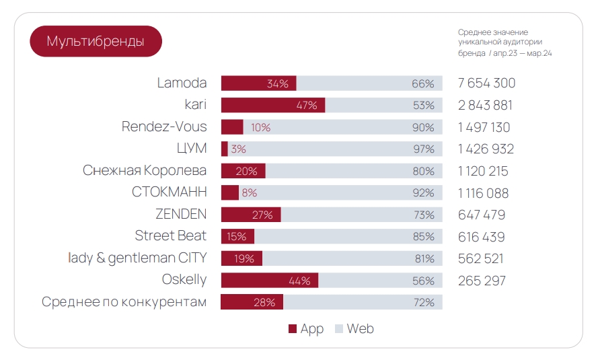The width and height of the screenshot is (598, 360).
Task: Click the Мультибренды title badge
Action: click(x=96, y=41)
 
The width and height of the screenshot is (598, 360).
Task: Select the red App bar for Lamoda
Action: click(x=258, y=83)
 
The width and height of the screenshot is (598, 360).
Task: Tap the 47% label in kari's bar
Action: click(x=307, y=106)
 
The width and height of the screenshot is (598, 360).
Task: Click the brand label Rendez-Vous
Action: click(x=164, y=127)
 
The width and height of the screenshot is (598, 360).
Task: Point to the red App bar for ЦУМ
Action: click(x=225, y=149)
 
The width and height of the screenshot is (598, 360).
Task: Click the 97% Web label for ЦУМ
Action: click(x=423, y=149)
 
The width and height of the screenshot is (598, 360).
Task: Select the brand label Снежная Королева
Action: click(x=145, y=170)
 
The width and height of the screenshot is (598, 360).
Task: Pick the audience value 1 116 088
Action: click(x=483, y=193)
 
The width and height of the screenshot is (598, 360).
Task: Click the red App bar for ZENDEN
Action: click(x=250, y=215)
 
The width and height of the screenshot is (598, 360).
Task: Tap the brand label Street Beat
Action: click(x=171, y=236)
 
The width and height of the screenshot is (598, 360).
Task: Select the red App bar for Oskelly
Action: click(x=269, y=281)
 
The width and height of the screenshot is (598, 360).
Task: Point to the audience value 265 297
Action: click(x=482, y=281)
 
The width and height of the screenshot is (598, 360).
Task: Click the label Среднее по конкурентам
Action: click(x=124, y=302)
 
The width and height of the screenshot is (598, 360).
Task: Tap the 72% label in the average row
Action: click(x=424, y=303)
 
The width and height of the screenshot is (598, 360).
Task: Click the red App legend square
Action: click(x=293, y=329)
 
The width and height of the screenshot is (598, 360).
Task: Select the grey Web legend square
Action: click(x=339, y=329)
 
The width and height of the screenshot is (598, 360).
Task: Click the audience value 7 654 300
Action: click(x=486, y=83)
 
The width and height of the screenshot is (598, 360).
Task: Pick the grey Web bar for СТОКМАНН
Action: click(x=340, y=193)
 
